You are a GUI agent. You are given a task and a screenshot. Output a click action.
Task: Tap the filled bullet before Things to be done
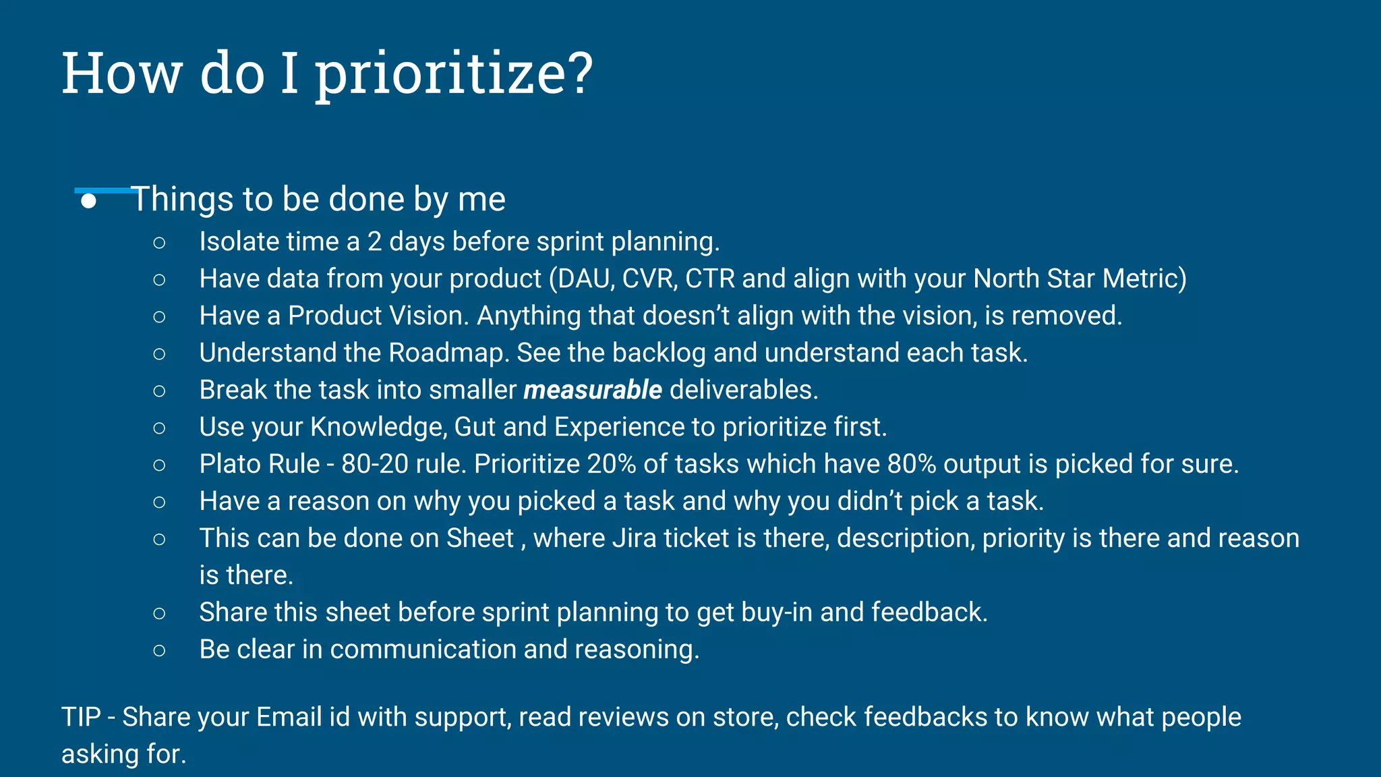[88, 201]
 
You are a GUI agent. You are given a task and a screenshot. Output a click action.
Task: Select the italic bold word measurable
[593, 390]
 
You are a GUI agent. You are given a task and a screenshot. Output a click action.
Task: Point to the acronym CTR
[709, 279]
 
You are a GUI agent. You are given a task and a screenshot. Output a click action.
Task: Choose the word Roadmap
[448, 353]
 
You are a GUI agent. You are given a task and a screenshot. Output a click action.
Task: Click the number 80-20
[374, 464]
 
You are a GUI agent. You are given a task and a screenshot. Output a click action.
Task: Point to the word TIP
[81, 717]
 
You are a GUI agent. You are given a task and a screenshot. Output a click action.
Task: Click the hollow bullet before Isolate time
[159, 242]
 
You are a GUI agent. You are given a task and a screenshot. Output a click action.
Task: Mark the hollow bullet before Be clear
[159, 650]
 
